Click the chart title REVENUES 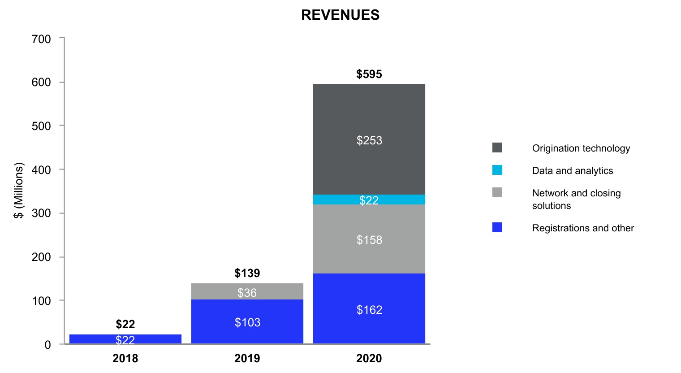click(340, 15)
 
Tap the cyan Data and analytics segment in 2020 click(369, 200)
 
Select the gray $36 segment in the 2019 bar click(247, 292)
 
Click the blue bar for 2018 click(125, 339)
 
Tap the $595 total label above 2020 click(369, 74)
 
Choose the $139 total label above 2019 click(247, 273)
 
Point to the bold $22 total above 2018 click(125, 324)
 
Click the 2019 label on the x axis click(247, 358)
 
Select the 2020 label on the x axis click(369, 358)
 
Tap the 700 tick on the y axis click(41, 39)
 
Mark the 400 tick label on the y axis click(41, 170)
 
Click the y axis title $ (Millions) click(18, 191)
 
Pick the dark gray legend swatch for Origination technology click(497, 147)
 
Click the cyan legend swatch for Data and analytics click(497, 170)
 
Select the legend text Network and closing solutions click(576, 199)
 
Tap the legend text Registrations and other click(583, 228)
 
